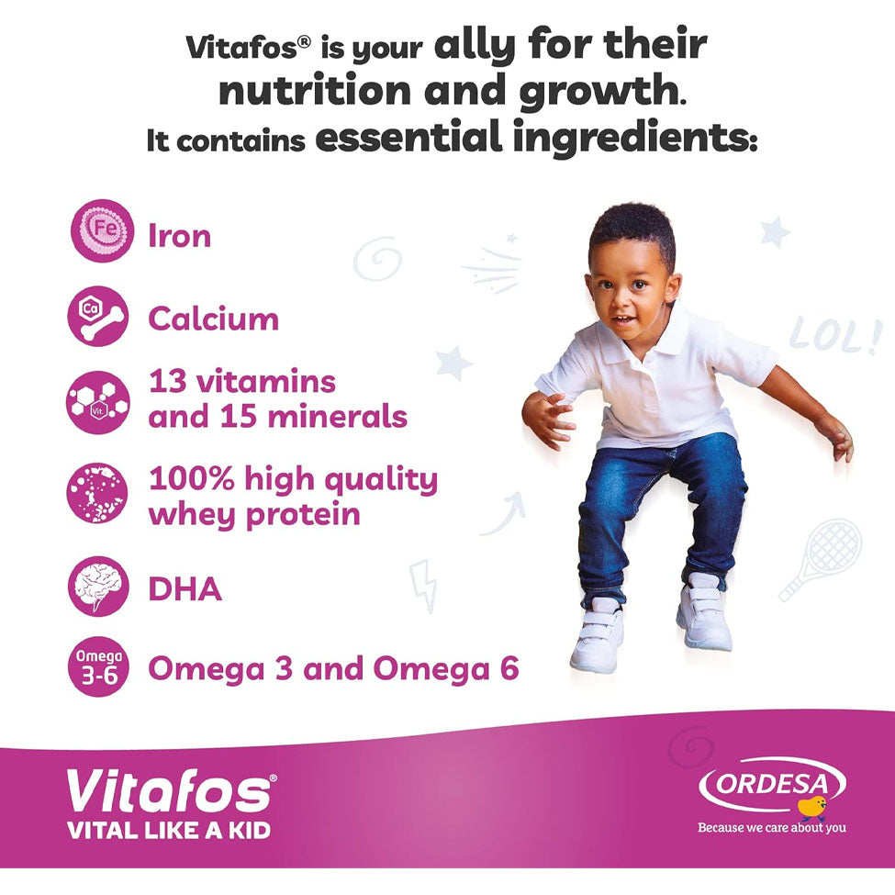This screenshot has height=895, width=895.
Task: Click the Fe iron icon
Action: pos(102,230)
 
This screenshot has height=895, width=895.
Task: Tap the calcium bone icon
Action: pos(98,316)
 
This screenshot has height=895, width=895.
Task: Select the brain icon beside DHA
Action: pos(98,587)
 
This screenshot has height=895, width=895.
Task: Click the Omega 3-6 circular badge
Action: pos(98,666)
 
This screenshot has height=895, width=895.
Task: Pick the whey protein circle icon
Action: pos(97,493)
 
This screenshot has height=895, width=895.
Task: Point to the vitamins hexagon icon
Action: pos(98,402)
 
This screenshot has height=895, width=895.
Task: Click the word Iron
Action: pos(179,236)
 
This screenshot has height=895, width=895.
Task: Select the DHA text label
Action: pos(185,588)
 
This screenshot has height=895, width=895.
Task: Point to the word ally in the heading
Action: pos(475,46)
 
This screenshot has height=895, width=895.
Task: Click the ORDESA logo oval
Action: pos(772,784)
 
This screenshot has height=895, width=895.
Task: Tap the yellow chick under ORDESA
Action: pos(812,808)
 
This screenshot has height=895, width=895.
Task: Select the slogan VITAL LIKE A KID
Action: pos(168,831)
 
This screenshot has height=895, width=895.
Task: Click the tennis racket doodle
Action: pos(821,559)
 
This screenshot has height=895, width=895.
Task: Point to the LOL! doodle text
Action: pos(833,336)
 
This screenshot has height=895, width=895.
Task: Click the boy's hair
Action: pos(632,229)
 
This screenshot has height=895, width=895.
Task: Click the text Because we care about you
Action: pos(772,828)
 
